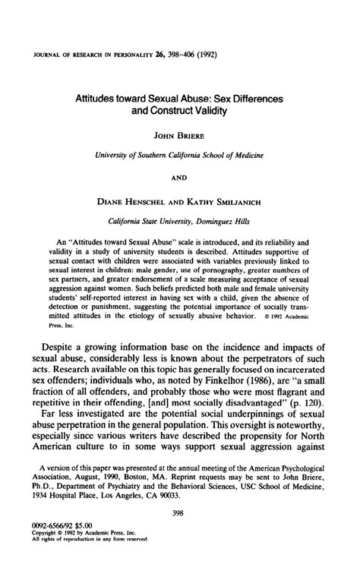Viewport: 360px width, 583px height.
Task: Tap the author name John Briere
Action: pyautogui.click(x=179, y=137)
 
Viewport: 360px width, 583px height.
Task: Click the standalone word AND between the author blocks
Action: pyautogui.click(x=179, y=180)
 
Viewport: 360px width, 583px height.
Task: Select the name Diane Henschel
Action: pyautogui.click(x=134, y=203)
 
